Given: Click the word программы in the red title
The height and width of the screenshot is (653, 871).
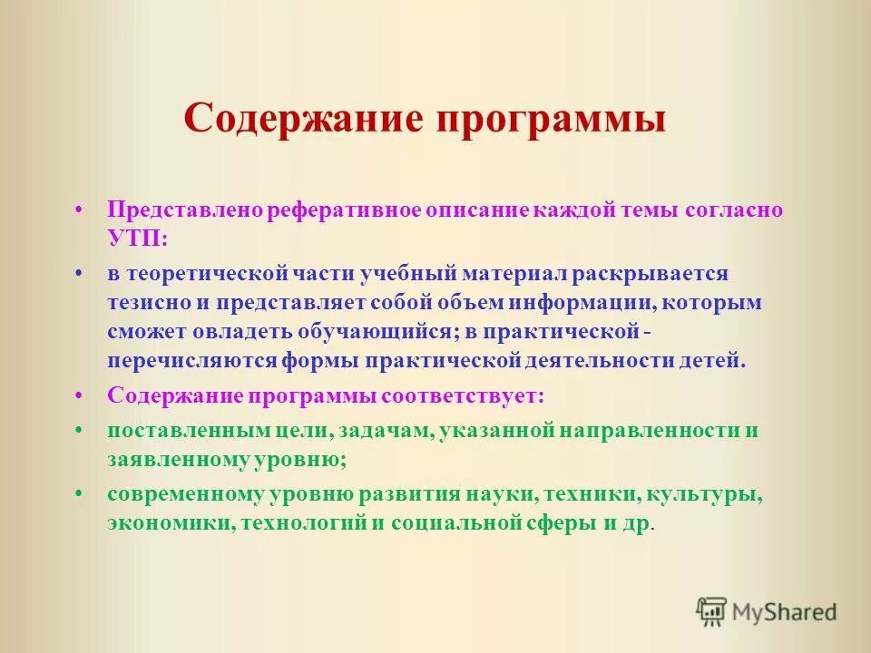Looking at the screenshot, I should (546, 120).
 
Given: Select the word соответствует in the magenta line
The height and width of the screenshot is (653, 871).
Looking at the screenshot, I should (463, 395).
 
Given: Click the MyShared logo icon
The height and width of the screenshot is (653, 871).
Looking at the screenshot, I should (712, 611).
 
